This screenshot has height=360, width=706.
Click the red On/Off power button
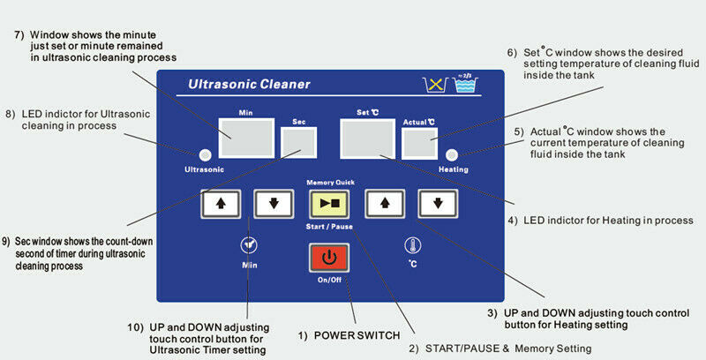[328, 258]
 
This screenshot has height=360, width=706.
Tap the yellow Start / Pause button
[328, 203]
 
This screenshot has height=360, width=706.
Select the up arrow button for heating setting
[384, 203]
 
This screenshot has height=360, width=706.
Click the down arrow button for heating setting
[437, 203]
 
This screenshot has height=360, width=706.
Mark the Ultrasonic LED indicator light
[204, 152]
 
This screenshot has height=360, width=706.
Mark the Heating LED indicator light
[454, 152]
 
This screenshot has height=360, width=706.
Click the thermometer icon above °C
[411, 245]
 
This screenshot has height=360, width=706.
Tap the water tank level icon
[464, 85]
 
